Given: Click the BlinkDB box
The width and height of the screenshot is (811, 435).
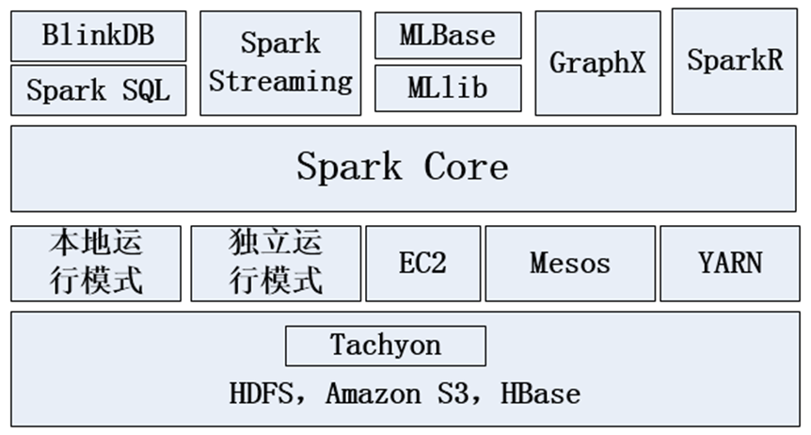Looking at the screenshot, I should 98,36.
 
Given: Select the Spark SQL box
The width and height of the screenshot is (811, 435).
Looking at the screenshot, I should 98,90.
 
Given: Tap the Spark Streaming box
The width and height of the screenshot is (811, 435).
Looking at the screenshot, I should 280,62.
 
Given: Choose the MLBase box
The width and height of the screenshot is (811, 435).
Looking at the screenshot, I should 447,36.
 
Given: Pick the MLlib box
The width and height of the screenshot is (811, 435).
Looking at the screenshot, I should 447,88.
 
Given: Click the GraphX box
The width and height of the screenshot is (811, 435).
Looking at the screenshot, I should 597,63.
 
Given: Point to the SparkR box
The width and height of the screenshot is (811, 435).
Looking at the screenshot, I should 735,60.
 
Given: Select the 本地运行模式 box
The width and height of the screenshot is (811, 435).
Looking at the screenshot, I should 96,263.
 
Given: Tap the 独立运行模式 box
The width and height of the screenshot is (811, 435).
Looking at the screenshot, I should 276,263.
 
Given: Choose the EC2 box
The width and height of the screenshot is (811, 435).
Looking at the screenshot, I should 422,263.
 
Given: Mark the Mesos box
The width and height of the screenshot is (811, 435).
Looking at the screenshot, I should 570,263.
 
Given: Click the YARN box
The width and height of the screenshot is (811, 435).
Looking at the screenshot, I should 730,263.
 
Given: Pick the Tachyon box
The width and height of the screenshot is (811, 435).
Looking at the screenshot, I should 386,346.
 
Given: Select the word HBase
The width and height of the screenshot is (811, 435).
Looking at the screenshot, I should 540,393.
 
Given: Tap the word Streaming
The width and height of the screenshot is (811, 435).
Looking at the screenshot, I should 280,81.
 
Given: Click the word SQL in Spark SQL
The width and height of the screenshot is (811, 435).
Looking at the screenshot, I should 146,90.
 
